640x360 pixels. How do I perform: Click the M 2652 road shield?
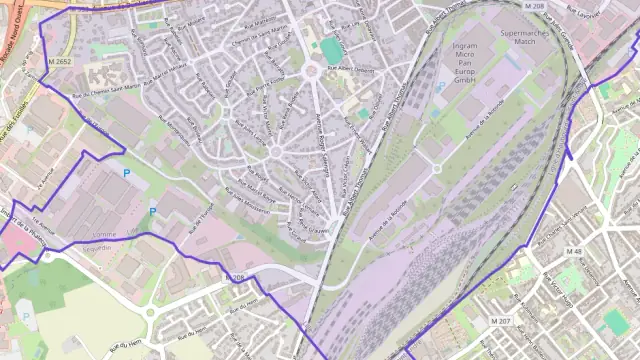pyautogui.click(x=58, y=62)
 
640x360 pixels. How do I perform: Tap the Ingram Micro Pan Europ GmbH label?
pyautogui.click(x=466, y=60)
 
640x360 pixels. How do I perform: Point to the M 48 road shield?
pyautogui.click(x=573, y=251)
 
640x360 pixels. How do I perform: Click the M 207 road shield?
pyautogui.click(x=503, y=320)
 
